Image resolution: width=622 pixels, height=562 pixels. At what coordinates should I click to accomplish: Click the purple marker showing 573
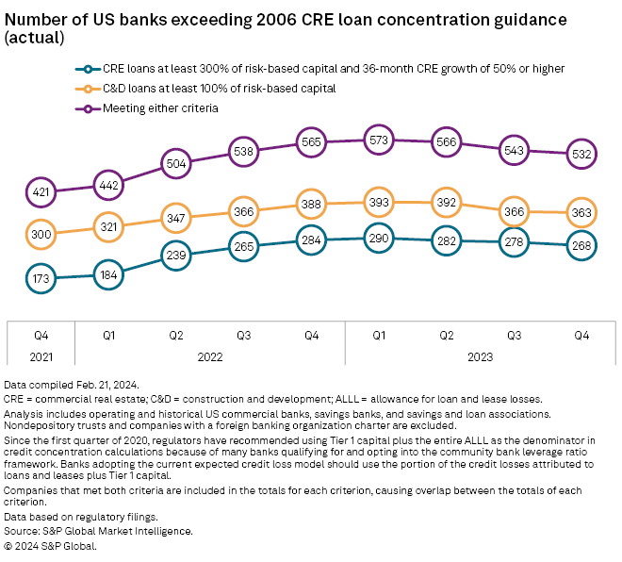click(x=379, y=140)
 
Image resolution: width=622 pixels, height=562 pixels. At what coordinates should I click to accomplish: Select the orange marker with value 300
click(x=41, y=233)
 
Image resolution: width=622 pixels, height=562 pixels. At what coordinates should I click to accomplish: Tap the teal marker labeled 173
click(x=41, y=279)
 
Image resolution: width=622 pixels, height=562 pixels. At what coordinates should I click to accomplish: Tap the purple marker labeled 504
click(x=175, y=162)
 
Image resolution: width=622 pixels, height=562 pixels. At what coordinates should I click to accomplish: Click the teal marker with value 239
click(x=175, y=255)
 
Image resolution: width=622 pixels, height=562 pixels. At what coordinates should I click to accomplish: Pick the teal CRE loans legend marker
click(x=88, y=68)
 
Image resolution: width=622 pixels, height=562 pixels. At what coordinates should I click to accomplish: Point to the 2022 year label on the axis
click(x=209, y=357)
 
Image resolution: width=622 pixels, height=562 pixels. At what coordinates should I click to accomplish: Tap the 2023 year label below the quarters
click(x=480, y=357)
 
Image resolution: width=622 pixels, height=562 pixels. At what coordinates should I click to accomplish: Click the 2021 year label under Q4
click(x=41, y=357)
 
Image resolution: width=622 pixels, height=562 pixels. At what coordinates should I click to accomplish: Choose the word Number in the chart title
click(x=36, y=19)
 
